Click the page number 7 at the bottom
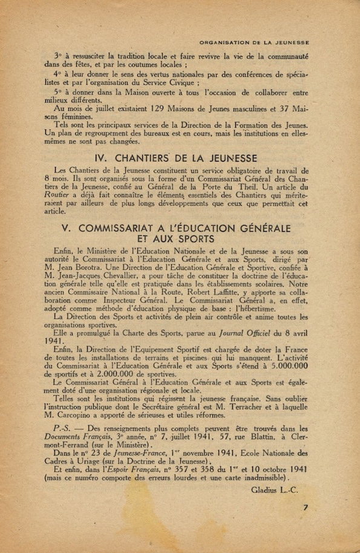click(306, 508)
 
